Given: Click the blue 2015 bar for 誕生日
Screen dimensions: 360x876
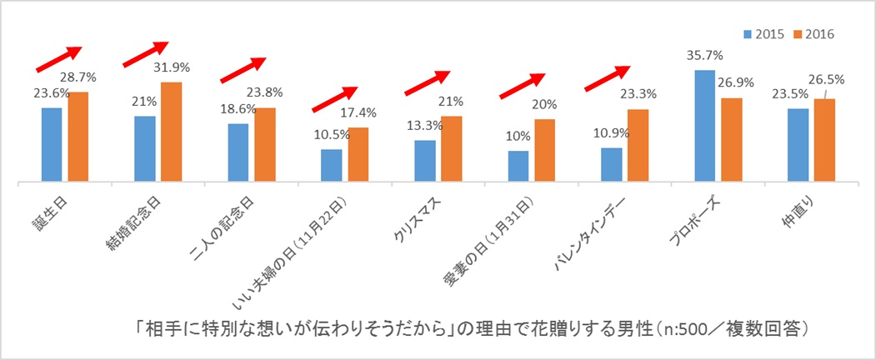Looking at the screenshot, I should pos(52,143).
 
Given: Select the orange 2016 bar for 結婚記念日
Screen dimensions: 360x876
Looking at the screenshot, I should pos(171,131).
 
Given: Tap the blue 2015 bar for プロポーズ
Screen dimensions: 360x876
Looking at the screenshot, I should pos(704,125).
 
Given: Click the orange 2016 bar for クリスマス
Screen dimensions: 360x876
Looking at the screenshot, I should pos(451,147).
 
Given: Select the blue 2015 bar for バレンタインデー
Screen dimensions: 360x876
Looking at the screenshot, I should pos(611,163).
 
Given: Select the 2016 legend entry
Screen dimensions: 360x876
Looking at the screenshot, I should pos(814,34).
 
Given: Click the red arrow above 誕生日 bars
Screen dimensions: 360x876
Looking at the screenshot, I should pos(58,58).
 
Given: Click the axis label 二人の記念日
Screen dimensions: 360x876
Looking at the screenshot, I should pos(238,222).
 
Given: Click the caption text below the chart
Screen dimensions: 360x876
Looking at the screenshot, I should pos(471,327).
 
